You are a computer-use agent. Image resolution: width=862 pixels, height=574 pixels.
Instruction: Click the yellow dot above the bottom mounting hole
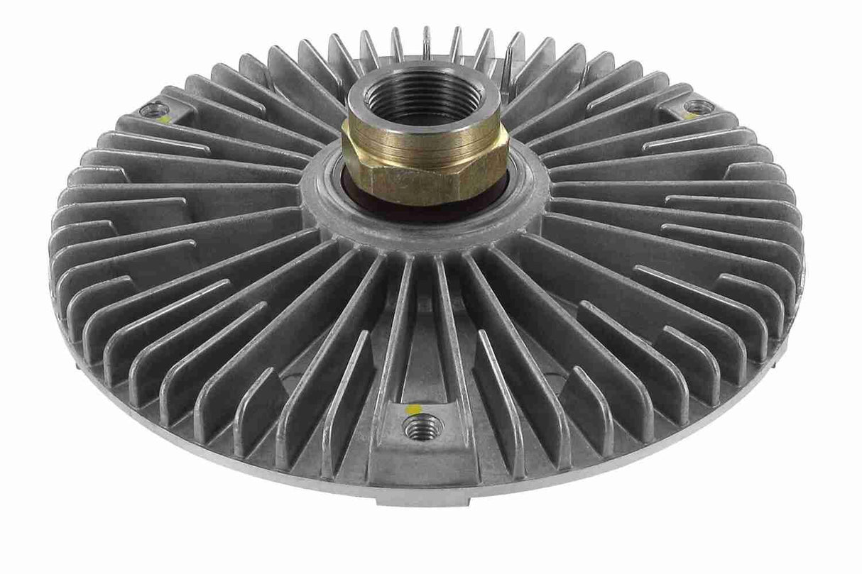pos(408,410)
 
